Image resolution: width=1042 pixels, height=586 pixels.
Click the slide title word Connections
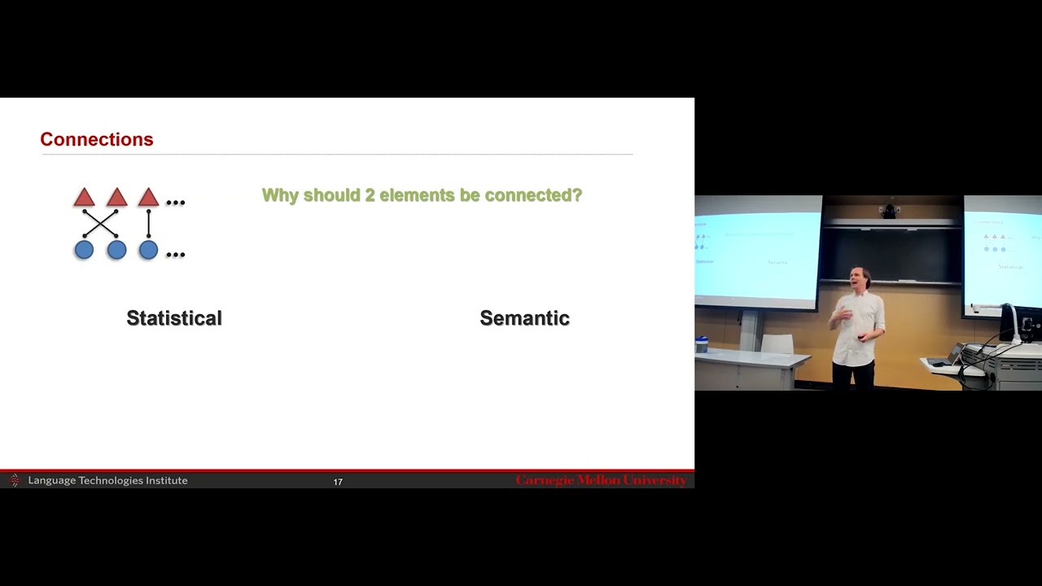pos(97,139)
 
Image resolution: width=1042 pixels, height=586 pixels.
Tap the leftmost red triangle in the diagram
pos(84,198)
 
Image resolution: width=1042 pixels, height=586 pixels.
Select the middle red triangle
pos(116,198)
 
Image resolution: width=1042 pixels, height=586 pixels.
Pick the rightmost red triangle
pos(148,198)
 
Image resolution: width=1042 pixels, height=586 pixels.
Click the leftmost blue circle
pos(84,250)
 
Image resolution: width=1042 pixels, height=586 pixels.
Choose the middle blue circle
pos(116,250)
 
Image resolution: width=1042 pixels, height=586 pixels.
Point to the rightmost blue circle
pos(148,250)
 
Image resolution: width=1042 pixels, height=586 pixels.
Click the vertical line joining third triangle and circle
pos(148,224)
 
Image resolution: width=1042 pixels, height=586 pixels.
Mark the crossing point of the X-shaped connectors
pos(100,224)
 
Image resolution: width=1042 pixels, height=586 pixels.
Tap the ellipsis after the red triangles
pos(175,202)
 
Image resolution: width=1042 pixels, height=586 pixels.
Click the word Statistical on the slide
pos(174,318)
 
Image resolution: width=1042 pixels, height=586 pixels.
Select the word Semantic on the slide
pos(524,318)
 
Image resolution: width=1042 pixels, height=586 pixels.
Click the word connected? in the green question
pos(533,195)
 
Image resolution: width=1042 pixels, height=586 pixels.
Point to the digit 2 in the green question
pos(370,195)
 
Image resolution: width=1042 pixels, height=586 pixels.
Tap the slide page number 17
pos(338,482)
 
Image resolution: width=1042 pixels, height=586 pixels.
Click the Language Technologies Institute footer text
pos(107,480)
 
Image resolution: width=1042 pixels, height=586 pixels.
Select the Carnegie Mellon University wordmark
pos(601,480)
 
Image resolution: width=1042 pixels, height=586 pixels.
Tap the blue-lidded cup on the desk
pos(702,343)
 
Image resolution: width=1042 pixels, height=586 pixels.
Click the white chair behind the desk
pos(777,343)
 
